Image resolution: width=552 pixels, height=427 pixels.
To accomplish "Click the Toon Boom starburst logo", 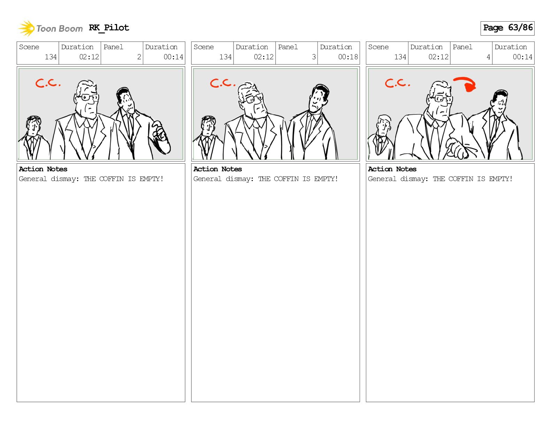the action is click(x=26, y=28).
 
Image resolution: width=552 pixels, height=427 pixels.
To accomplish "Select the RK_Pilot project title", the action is click(x=109, y=28).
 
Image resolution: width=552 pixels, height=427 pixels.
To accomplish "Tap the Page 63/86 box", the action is click(x=507, y=28).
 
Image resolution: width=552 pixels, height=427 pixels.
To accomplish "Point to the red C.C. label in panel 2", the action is click(x=48, y=83).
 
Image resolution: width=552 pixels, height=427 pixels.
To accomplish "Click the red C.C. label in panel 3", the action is click(x=223, y=83).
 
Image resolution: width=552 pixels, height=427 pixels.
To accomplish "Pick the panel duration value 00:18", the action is click(x=348, y=57).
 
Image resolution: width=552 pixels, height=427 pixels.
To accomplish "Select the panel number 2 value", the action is click(x=139, y=57).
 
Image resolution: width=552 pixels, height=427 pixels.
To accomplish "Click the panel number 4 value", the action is click(x=488, y=57).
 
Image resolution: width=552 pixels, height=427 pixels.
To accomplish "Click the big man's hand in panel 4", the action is click(x=457, y=149).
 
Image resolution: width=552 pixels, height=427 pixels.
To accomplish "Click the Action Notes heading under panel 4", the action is click(x=392, y=169).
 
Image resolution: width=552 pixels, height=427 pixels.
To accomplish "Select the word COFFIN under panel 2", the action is click(x=111, y=179).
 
